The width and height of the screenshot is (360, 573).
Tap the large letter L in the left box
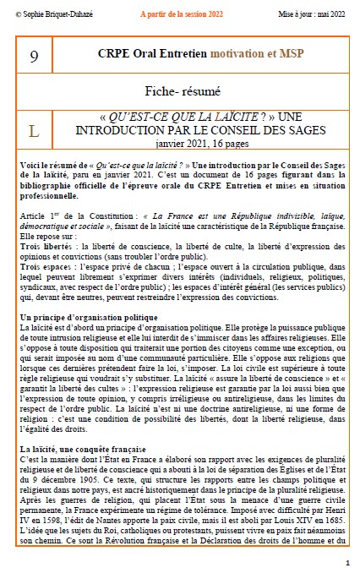point(34,131)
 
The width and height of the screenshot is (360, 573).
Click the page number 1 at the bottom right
point(347,562)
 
